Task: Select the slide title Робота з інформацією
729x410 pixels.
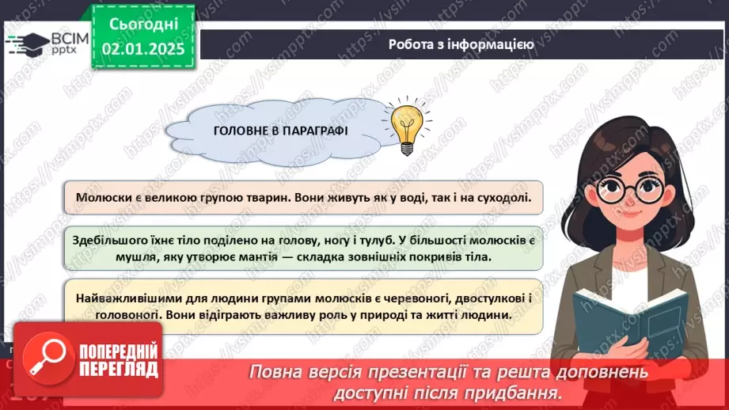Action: pos(461,44)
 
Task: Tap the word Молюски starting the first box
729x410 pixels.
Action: pos(101,196)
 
